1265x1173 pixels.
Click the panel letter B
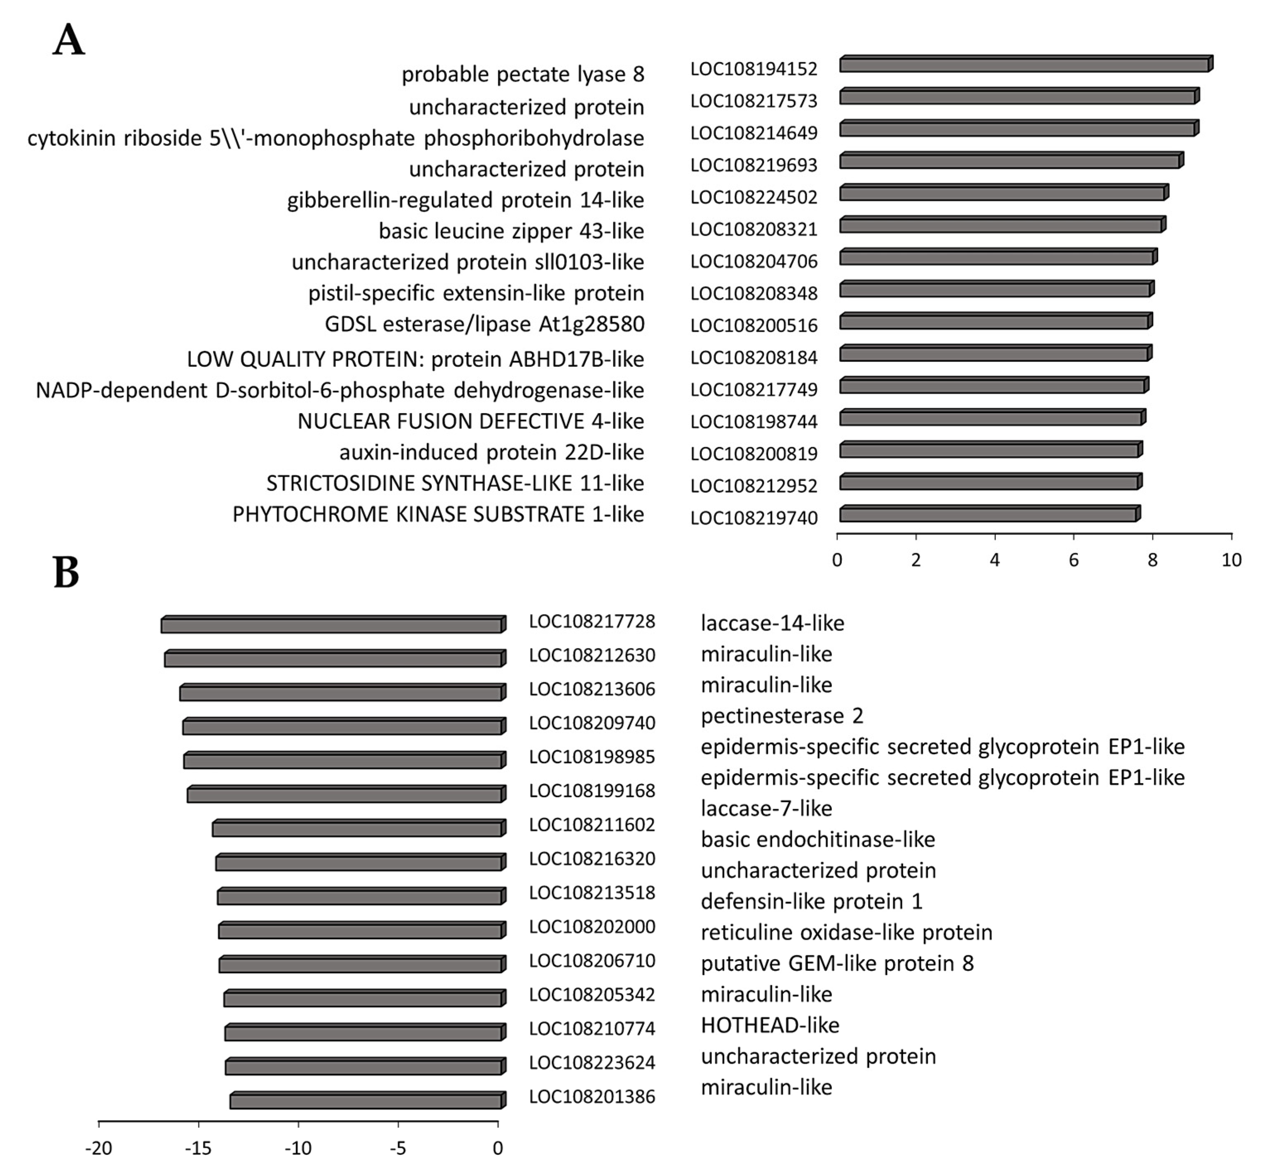pos(67,573)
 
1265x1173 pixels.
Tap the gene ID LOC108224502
pos(754,197)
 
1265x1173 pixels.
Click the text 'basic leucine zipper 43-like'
pos(511,231)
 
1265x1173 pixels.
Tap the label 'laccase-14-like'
pos(772,623)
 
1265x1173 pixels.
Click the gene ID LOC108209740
pos(592,723)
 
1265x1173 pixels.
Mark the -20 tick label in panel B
pos(98,1148)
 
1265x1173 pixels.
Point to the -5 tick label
pos(398,1148)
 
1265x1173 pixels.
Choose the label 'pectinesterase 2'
pos(782,716)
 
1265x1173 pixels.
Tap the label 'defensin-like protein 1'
pos(812,901)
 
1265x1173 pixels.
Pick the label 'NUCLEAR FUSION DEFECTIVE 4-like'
pos(471,421)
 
